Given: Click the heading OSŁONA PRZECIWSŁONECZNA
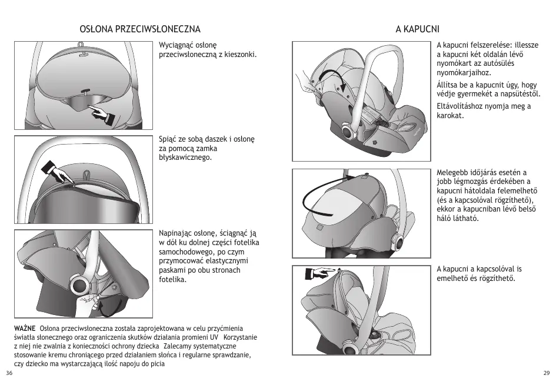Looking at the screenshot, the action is tap(139, 29).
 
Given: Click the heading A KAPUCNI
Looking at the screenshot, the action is tap(418, 29).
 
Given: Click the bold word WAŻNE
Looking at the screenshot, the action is tap(25, 327).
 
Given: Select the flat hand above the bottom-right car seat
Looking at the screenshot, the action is tap(318, 273).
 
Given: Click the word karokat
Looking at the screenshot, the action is tap(450, 116).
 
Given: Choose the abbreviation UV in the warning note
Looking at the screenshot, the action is tap(215, 337).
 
